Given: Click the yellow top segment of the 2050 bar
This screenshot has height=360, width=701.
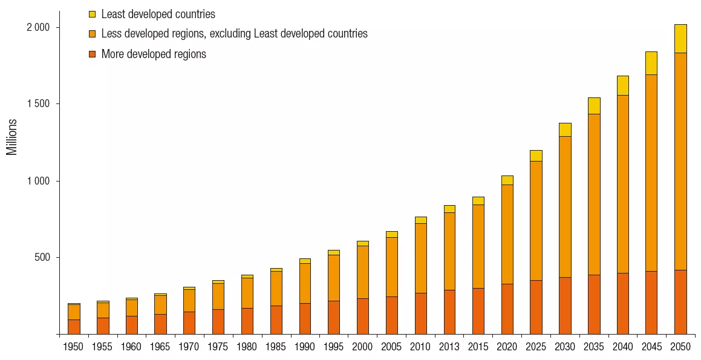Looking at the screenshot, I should (680, 39).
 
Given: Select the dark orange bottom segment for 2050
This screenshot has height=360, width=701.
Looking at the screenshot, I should (680, 302).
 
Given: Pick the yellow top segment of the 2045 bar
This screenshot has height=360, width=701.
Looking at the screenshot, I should (651, 63).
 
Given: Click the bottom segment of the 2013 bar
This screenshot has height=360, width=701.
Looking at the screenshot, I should (449, 312).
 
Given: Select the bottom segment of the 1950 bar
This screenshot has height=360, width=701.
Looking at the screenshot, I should (74, 327).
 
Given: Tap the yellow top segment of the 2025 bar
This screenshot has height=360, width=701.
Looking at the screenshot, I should (536, 155).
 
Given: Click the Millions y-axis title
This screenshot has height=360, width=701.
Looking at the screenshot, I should (12, 137).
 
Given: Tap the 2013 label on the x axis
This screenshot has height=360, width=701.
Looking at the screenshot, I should (449, 347).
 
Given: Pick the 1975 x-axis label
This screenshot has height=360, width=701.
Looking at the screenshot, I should (218, 347).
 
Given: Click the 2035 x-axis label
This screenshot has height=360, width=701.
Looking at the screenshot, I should (594, 347).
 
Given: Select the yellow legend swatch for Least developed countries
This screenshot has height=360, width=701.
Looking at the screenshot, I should (92, 14).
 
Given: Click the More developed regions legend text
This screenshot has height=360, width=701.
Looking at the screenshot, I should (154, 54).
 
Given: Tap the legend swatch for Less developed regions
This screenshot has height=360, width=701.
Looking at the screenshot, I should (92, 34).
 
